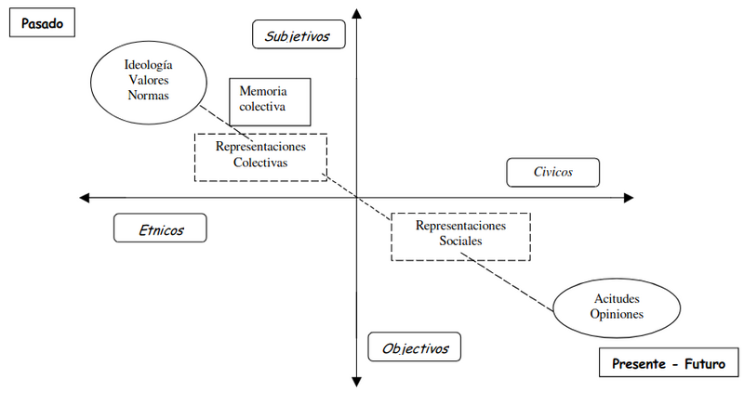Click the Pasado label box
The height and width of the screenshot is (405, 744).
[x=41, y=23]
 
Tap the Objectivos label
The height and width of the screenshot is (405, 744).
[x=415, y=348]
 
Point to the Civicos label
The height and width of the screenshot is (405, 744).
[x=552, y=173]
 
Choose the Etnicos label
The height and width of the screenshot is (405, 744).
[x=160, y=229]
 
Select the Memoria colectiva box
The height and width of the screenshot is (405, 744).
[x=270, y=100]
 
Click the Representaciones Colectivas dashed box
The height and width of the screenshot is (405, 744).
[x=260, y=155]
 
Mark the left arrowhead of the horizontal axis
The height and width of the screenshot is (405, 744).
[x=86, y=197]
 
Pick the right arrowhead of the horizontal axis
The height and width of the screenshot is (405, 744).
[x=630, y=197]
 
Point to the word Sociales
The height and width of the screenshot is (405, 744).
[x=460, y=242]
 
